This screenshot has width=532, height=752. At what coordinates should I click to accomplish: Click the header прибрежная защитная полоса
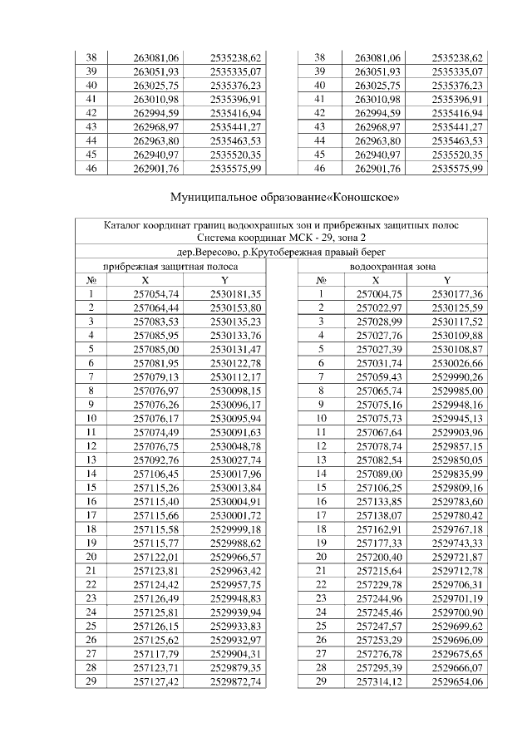(170, 267)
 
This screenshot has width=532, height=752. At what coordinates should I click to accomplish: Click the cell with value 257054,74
(156, 294)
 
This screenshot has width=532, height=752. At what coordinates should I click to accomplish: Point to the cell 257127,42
(156, 681)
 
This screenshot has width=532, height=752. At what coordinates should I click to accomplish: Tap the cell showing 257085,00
(156, 349)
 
